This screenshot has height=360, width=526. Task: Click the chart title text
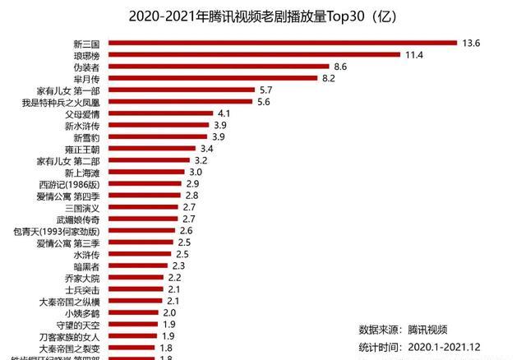coord(263,16)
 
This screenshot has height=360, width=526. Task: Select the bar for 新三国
coord(283,43)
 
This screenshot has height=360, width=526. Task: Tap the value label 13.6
coord(472,43)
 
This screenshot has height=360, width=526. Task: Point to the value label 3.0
coord(196,172)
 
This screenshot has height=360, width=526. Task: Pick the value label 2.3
coord(178,266)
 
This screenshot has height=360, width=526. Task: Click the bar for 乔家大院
coord(136,278)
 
